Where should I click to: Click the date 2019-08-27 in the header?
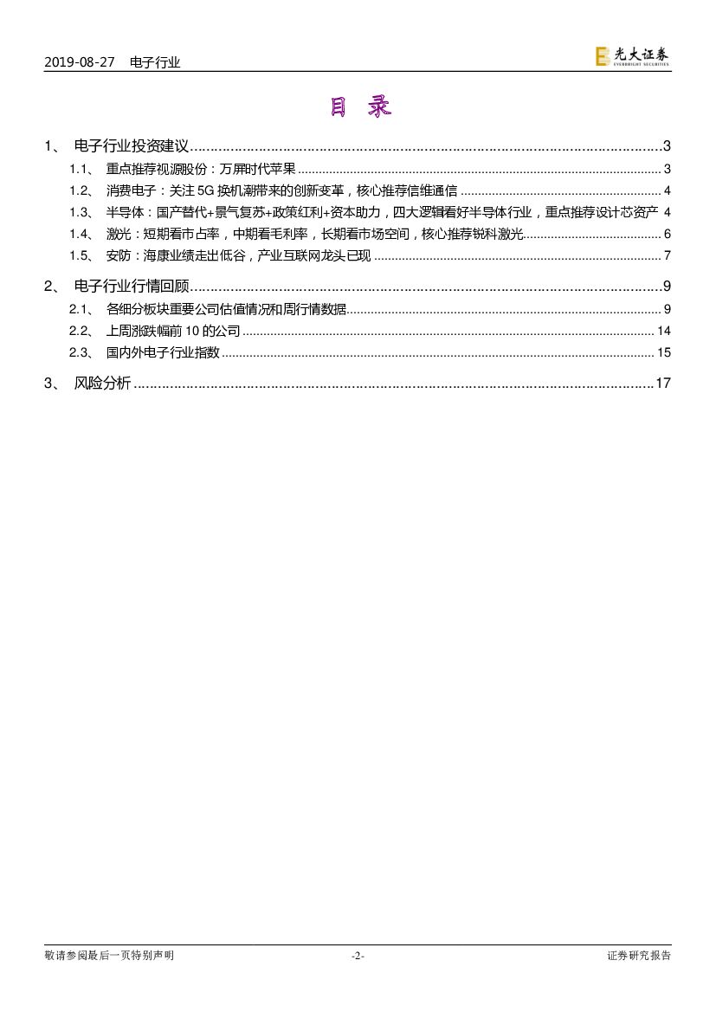pyautogui.click(x=79, y=62)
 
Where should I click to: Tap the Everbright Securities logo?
pyautogui.click(x=632, y=56)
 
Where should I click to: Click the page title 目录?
pyautogui.click(x=359, y=107)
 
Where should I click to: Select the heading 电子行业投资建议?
pyautogui.click(x=132, y=146)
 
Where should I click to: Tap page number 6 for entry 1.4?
pyautogui.click(x=668, y=234)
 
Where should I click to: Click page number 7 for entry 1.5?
pyautogui.click(x=668, y=255)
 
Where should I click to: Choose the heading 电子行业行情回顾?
pyautogui.click(x=132, y=287)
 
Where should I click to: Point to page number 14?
pyautogui.click(x=664, y=331)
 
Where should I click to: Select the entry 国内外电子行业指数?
pyautogui.click(x=163, y=352)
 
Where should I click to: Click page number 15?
pyautogui.click(x=664, y=352)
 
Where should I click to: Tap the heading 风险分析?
pyautogui.click(x=103, y=384)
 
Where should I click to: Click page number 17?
pyautogui.click(x=663, y=384)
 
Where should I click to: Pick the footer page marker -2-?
pyautogui.click(x=358, y=956)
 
